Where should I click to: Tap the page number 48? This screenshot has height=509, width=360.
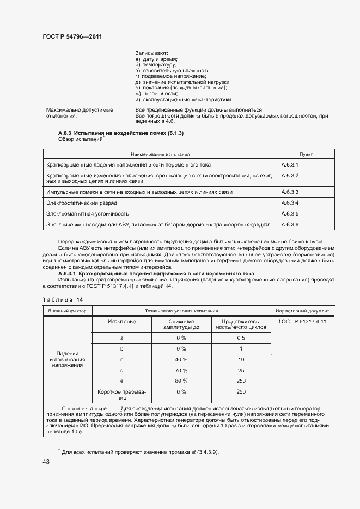46,461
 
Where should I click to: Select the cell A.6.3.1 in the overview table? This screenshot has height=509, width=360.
290,164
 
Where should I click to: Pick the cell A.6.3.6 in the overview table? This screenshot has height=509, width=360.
290,224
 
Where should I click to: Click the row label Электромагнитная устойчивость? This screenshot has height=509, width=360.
88,213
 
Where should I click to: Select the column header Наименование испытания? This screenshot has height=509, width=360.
160,154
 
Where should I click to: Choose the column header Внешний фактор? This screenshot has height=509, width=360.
68,311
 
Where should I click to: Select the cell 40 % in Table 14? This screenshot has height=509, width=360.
181,360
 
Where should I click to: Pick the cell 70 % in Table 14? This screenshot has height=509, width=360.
181,371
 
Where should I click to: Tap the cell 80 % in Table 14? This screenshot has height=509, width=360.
181,381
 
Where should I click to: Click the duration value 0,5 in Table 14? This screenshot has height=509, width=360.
241,338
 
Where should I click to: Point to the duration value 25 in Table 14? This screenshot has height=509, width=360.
241,371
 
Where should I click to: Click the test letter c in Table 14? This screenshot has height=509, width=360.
122,360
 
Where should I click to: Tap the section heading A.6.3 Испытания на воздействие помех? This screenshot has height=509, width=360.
120,133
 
